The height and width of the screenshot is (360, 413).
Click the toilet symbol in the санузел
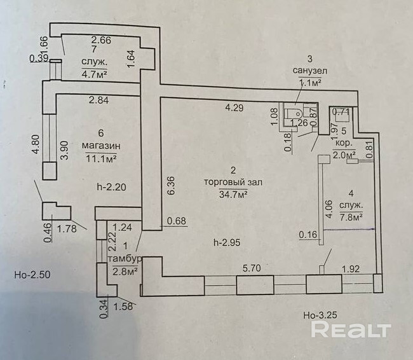[294, 114]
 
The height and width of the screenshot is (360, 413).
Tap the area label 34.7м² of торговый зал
[233, 195]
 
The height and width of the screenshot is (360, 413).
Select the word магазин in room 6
[102, 146]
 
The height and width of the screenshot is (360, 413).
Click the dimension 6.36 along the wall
[171, 186]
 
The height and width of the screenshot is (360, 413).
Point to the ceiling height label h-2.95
[227, 242]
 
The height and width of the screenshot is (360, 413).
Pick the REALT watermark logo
[351, 329]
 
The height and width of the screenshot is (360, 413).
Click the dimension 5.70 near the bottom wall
[252, 268]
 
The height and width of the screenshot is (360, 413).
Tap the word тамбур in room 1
[125, 258]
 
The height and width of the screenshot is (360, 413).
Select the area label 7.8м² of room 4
[351, 216]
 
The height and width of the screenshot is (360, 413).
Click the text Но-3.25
[320, 315]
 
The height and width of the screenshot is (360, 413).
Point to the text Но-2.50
[32, 275]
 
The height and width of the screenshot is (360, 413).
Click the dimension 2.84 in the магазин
[98, 100]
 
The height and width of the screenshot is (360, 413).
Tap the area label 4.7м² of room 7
[94, 73]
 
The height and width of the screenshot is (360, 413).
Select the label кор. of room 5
[344, 143]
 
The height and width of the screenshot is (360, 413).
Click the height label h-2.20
[111, 187]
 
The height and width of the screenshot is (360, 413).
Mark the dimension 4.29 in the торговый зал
[234, 107]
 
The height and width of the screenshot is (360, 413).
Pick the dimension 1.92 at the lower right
[351, 269]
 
